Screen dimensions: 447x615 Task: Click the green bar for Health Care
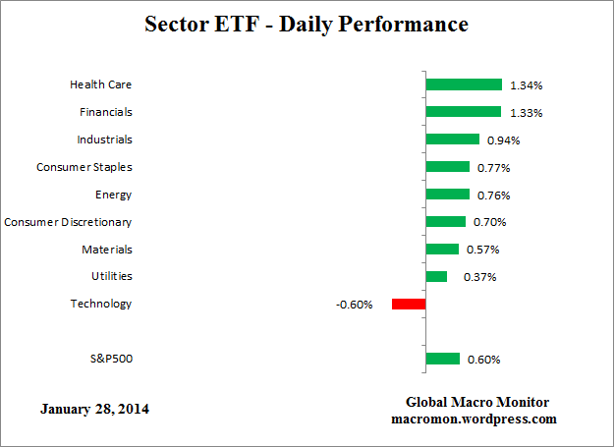pos(464,84)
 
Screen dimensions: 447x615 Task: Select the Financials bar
pos(463,112)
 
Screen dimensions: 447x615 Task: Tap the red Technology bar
pos(409,304)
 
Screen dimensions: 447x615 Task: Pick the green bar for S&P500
pos(443,359)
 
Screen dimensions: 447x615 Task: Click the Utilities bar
pos(436,276)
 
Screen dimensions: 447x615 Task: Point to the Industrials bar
pos(452,140)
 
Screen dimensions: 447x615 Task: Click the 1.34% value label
pos(526,85)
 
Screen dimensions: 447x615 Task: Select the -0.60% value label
pos(354,305)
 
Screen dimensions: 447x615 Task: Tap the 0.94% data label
pos(503,140)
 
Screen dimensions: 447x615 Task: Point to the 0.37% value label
pos(479,277)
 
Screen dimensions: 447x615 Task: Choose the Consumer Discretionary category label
pos(68,222)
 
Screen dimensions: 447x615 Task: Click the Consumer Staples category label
pos(84,167)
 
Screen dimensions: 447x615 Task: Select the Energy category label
pos(113,195)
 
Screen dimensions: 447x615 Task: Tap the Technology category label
pos(100,304)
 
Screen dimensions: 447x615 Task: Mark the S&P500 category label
pos(110,359)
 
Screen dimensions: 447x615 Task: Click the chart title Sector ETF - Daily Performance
pos(307,23)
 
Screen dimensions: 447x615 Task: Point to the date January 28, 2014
pos(96,408)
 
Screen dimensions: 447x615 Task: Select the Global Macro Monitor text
pos(477,403)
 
